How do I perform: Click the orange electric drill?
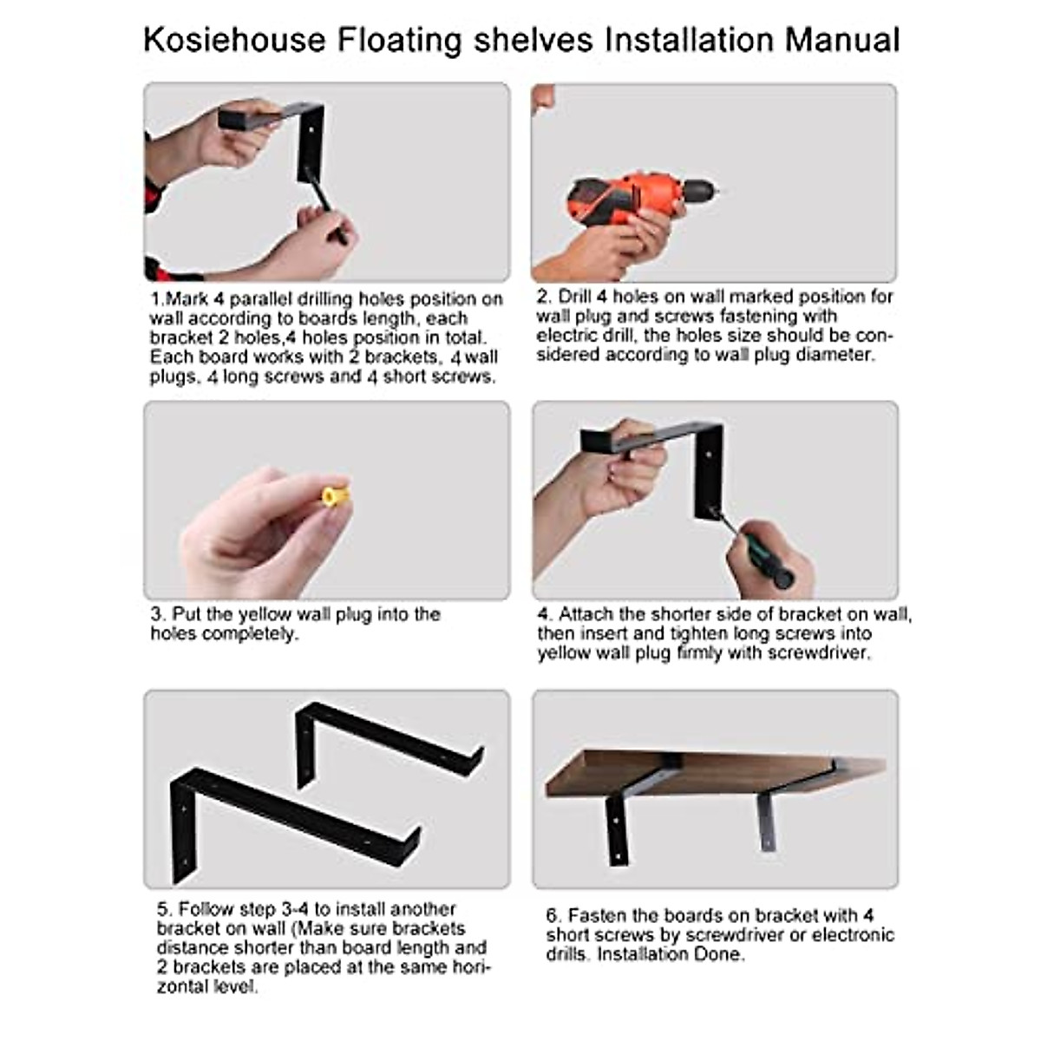(638, 195)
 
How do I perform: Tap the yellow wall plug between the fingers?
(335, 496)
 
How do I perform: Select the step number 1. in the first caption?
(157, 299)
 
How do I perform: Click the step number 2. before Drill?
(544, 297)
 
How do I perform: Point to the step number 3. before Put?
(158, 614)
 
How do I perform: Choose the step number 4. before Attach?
(544, 614)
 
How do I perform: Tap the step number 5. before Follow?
(165, 909)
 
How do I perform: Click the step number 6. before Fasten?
(553, 915)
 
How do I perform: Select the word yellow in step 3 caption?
(265, 614)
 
